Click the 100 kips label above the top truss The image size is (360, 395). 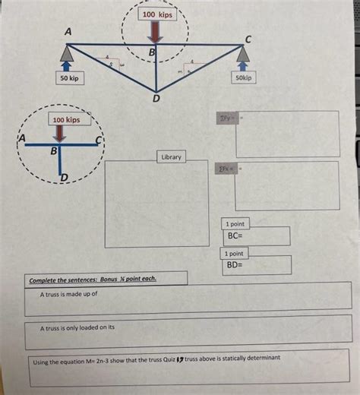pos(155,15)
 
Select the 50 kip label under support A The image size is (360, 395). pos(70,77)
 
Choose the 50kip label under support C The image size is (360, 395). pos(244,77)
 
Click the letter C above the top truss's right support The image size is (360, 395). pos(248,37)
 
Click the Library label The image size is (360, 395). pos(171,156)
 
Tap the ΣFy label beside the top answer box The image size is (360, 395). pos(226,119)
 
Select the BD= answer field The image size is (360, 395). pos(256,265)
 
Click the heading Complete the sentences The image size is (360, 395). pos(93,279)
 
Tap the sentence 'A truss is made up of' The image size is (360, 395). pos(68,293)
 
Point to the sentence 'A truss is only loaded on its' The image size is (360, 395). pos(77,327)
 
